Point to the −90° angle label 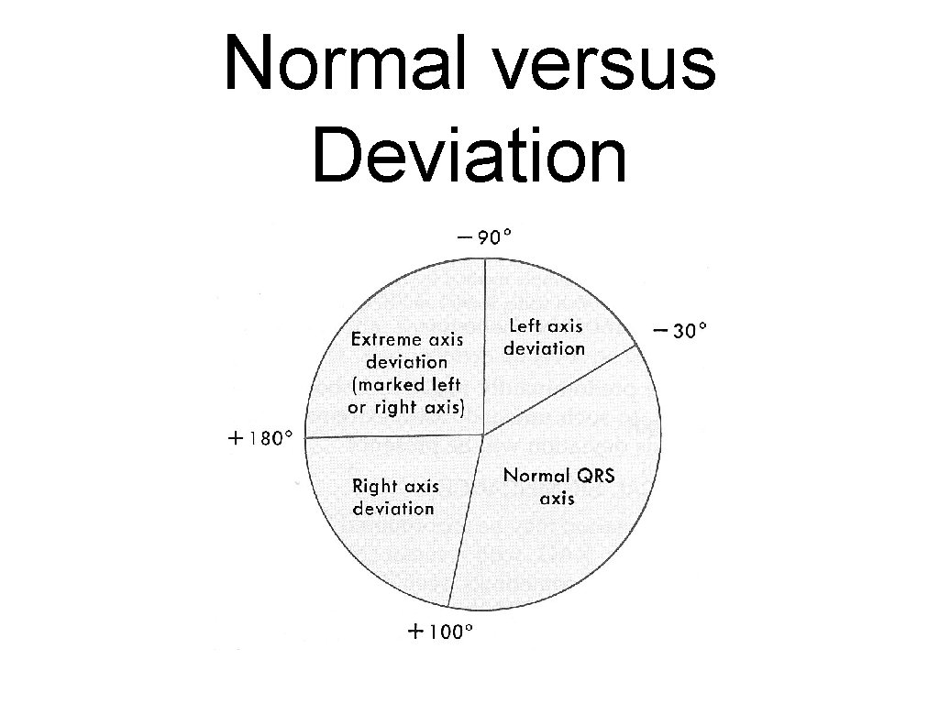484,237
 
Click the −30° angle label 679,330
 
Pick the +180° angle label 260,438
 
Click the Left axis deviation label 545,336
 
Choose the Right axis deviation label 395,496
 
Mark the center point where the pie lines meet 483,434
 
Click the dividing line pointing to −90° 483,348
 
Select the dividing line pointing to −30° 559,390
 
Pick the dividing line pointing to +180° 394,436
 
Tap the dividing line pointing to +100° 466,522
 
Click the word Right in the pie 374,486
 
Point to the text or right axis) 407,407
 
